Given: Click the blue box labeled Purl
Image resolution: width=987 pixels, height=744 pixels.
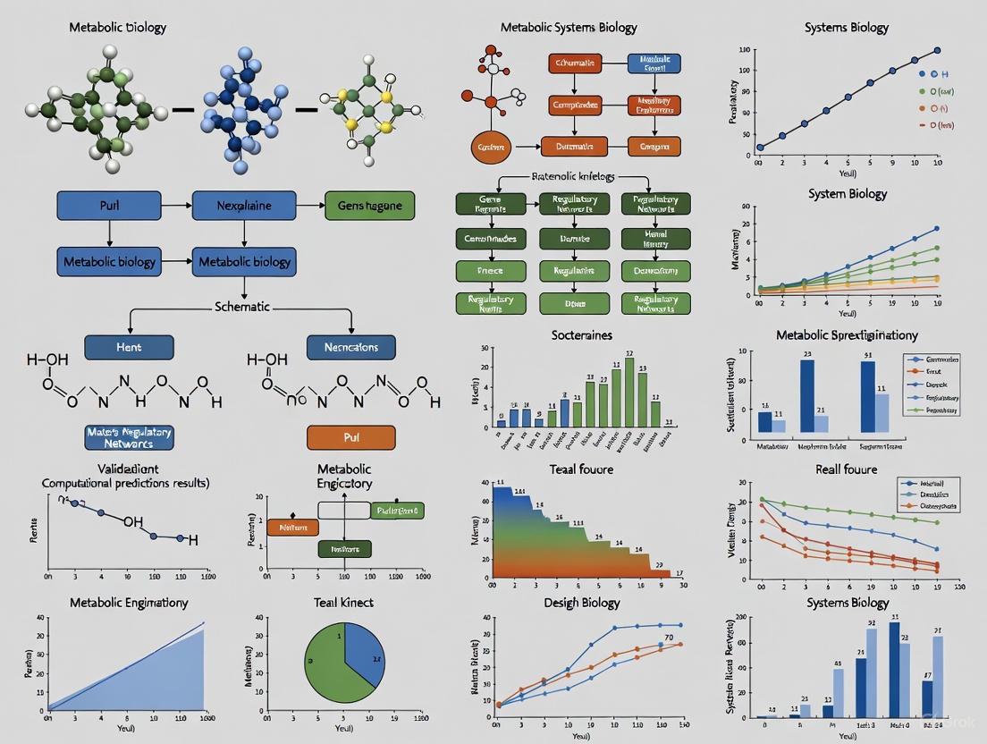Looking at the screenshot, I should click(x=109, y=206).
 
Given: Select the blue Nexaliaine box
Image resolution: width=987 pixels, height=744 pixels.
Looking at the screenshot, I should click(x=244, y=206).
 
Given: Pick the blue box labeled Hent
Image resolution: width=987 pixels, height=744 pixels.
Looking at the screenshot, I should click(x=128, y=347).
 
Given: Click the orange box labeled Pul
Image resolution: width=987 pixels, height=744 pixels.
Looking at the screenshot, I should click(x=350, y=437).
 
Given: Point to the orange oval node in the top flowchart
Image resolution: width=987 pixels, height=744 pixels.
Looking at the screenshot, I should click(x=491, y=147).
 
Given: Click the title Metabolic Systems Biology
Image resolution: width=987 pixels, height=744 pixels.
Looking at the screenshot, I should click(x=569, y=28).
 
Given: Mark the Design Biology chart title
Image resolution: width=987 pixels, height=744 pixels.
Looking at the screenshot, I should click(x=582, y=602).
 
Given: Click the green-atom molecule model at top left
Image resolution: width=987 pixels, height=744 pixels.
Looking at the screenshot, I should click(x=97, y=109).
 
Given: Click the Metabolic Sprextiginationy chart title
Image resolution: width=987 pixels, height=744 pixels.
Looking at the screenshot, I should click(x=847, y=335).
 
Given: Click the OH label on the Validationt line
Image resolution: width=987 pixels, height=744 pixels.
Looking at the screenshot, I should click(x=133, y=521).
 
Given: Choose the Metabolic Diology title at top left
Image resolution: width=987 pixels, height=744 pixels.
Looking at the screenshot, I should click(x=118, y=28).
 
